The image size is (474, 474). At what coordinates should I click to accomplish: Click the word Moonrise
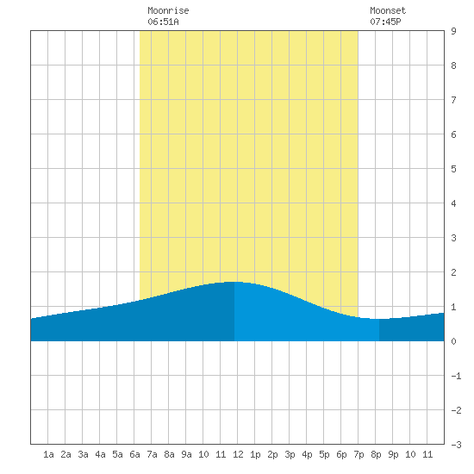click(x=168, y=11)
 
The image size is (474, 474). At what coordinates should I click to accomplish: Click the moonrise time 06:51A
click(x=163, y=22)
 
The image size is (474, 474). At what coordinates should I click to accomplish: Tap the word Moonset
click(x=388, y=11)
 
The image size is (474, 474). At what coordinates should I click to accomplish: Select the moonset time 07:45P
click(x=385, y=22)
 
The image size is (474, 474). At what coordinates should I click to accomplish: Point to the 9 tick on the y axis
click(x=453, y=31)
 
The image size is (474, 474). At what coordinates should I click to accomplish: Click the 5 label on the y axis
click(x=453, y=169)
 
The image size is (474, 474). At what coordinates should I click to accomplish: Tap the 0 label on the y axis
click(x=453, y=341)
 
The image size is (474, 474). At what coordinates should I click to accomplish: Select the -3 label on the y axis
click(x=456, y=445)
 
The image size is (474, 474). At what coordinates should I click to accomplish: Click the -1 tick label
click(x=456, y=376)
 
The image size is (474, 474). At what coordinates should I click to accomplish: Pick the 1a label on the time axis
click(x=48, y=454)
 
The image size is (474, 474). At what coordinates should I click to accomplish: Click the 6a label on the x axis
click(x=134, y=454)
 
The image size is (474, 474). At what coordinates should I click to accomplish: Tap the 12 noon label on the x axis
click(x=238, y=454)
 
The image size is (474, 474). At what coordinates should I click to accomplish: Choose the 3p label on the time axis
click(x=290, y=454)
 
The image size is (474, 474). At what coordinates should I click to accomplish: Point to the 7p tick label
click(x=359, y=454)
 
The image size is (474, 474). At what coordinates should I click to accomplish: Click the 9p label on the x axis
click(x=393, y=454)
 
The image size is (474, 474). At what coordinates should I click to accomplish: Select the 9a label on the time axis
click(x=186, y=454)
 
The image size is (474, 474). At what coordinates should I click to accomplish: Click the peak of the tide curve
click(x=234, y=282)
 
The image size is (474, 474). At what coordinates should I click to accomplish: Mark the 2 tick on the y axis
click(x=453, y=272)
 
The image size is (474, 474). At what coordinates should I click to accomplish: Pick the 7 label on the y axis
click(x=453, y=100)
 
